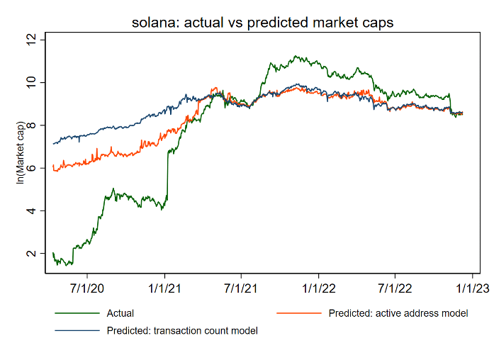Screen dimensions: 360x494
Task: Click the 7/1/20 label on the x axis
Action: coord(88,289)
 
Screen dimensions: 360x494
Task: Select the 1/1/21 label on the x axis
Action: coord(165,289)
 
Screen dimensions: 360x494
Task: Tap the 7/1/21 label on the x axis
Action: coord(241,289)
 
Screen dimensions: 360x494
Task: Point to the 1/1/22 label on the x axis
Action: coord(318,289)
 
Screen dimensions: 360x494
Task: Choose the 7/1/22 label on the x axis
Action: coord(394,289)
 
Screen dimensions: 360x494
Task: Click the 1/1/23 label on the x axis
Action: coord(471,289)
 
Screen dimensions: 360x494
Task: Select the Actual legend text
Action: coord(120,313)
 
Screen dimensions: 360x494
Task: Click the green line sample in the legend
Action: coord(77,313)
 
